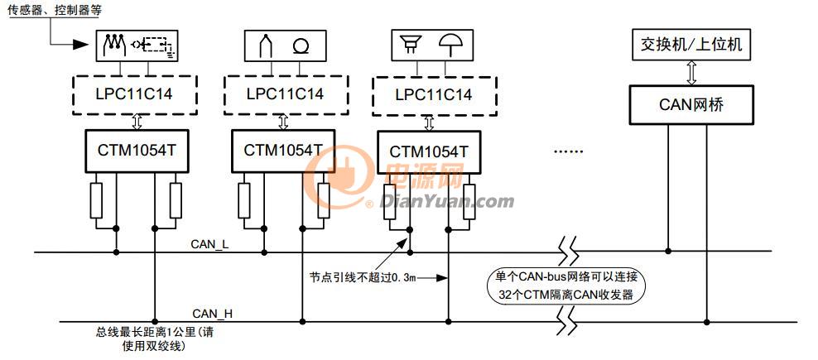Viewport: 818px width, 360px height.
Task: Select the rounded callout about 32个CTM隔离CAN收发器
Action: (x=565, y=286)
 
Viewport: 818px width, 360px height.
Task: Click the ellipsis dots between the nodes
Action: (x=568, y=152)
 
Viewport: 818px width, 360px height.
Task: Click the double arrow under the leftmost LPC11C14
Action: (x=137, y=122)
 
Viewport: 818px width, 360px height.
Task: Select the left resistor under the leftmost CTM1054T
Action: (x=96, y=201)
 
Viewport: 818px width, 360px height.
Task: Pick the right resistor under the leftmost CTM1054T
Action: (x=176, y=201)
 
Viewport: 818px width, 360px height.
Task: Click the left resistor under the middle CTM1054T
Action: (x=243, y=201)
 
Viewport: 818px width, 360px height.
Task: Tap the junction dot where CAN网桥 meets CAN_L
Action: (x=668, y=252)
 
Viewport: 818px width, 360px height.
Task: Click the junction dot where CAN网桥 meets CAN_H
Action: (x=707, y=322)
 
